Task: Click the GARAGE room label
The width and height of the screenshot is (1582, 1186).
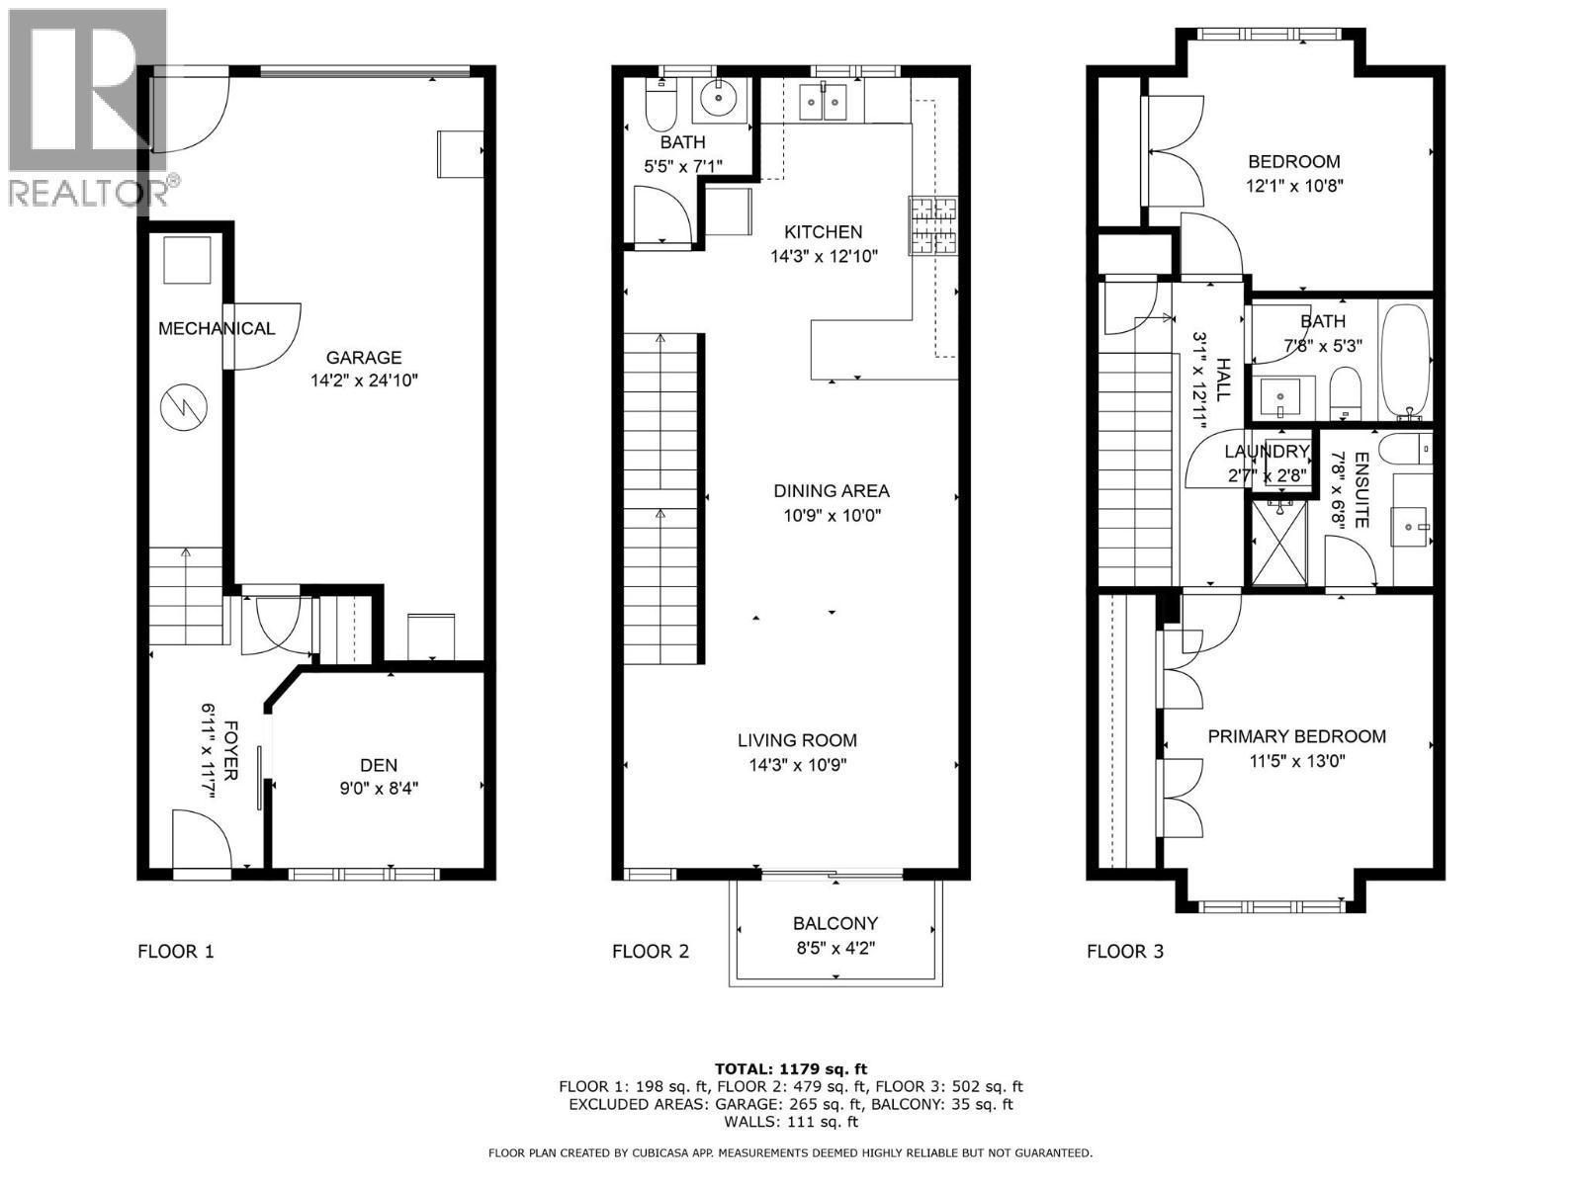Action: pyautogui.click(x=364, y=358)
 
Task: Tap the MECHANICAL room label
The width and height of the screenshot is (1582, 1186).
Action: pyautogui.click(x=217, y=328)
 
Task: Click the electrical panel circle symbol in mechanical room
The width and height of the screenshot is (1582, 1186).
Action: pyautogui.click(x=185, y=406)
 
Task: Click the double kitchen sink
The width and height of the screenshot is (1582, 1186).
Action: pyautogui.click(x=823, y=101)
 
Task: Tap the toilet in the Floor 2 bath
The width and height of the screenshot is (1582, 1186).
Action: pyautogui.click(x=659, y=109)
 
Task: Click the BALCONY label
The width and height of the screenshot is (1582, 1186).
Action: pyautogui.click(x=835, y=923)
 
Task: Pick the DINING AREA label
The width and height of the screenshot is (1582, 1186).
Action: pyautogui.click(x=832, y=490)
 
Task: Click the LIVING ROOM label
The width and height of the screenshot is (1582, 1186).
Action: pyautogui.click(x=797, y=740)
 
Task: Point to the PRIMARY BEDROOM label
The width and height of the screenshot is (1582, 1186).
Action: pyautogui.click(x=1296, y=736)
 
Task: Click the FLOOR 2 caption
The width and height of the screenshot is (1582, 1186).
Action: pyautogui.click(x=651, y=952)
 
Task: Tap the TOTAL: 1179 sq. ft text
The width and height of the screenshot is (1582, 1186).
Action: pyautogui.click(x=790, y=1068)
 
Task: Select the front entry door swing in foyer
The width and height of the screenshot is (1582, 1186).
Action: pyautogui.click(x=200, y=840)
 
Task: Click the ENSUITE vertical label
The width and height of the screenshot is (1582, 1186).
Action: pyautogui.click(x=1362, y=490)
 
